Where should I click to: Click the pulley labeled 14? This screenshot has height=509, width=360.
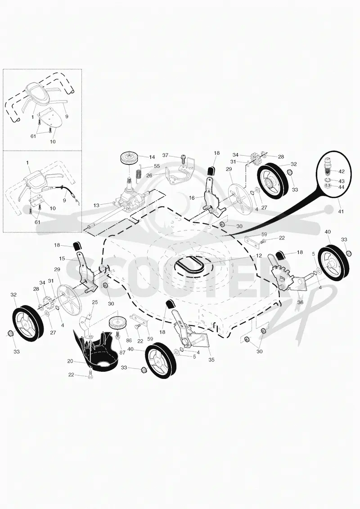pyautogui.click(x=129, y=158)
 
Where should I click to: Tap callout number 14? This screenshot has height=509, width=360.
pyautogui.click(x=152, y=157)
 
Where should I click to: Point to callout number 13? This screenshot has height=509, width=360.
pyautogui.click(x=96, y=205)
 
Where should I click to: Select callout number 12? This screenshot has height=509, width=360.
pyautogui.click(x=259, y=256)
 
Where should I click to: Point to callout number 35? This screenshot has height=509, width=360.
pyautogui.click(x=211, y=360)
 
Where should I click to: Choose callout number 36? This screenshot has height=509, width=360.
pyautogui.click(x=300, y=302)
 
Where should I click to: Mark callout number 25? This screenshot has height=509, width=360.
pyautogui.click(x=95, y=302)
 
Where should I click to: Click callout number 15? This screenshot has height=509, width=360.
pyautogui.click(x=62, y=259)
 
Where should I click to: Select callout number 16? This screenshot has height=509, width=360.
pyautogui.click(x=192, y=198)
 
